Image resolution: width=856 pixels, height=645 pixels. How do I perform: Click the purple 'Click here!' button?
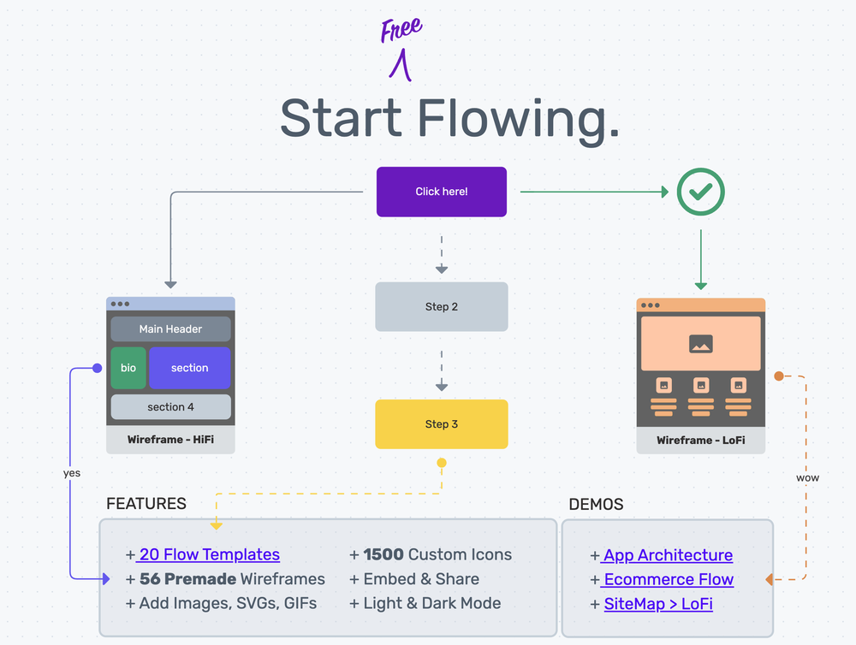[x=442, y=192]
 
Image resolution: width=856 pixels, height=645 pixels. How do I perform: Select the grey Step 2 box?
[x=442, y=307]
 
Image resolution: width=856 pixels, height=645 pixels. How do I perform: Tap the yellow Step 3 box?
[x=442, y=424]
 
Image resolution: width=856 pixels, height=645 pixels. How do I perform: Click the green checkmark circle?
[x=701, y=192]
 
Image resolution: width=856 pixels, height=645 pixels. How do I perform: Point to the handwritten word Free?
[x=401, y=31]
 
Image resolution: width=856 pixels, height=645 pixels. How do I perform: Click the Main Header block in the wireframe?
[x=171, y=329]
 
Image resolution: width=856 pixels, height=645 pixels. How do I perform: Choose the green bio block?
[x=128, y=368]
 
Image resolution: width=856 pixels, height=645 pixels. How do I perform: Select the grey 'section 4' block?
[x=171, y=407]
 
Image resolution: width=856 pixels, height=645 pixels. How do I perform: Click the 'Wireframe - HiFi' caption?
[x=171, y=441]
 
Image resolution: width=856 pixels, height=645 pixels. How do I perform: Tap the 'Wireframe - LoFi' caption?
[x=701, y=441]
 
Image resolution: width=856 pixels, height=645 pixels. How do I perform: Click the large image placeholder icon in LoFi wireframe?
[x=701, y=344]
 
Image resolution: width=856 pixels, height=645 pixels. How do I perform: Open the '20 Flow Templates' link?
[x=209, y=554]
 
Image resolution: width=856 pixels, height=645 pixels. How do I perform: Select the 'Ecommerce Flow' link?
[x=669, y=579]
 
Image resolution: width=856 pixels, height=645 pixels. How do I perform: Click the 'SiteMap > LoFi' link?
[x=658, y=604]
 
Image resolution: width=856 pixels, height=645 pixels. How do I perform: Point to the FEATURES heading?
[x=146, y=504]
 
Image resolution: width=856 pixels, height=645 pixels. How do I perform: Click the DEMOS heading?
[x=597, y=505]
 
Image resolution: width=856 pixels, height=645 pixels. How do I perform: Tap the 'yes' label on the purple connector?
[x=72, y=473]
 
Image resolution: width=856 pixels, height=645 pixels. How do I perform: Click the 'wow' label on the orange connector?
[x=807, y=477]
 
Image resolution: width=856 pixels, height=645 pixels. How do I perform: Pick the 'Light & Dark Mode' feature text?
[x=432, y=603]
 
